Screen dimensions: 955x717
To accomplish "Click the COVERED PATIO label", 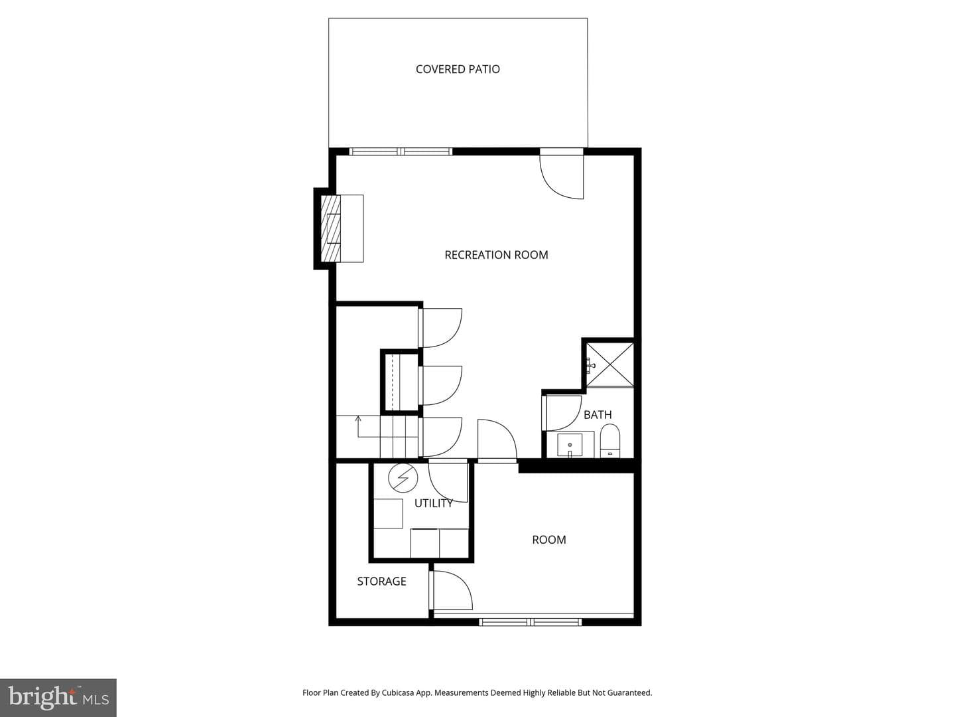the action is [x=458, y=69].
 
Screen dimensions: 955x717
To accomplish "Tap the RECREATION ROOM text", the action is [x=496, y=255].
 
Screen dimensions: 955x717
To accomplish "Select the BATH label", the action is [x=598, y=415].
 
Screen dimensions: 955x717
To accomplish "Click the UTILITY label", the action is [x=433, y=503].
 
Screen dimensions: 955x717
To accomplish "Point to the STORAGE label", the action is [x=381, y=581].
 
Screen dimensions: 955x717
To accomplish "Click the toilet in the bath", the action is [x=610, y=441].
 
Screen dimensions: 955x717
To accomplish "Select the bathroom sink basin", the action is [x=570, y=445].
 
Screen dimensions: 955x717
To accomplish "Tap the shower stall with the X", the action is [x=609, y=364].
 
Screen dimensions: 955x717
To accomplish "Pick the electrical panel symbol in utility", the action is [x=403, y=477].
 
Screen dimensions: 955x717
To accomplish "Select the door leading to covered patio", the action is [x=562, y=174].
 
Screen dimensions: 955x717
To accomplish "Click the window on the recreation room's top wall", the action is [x=401, y=151].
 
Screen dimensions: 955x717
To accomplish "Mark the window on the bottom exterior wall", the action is [x=531, y=622].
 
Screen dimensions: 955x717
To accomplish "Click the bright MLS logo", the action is [x=58, y=698].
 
